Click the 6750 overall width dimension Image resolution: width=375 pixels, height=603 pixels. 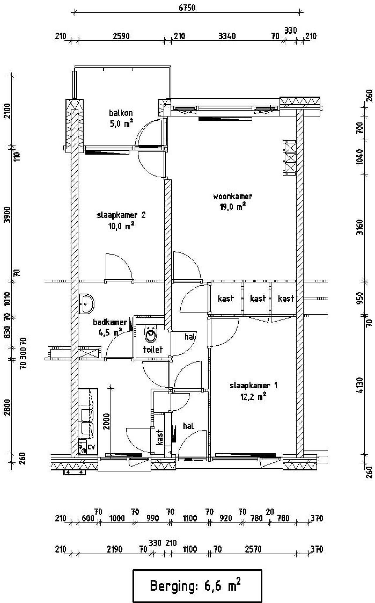point(187,7)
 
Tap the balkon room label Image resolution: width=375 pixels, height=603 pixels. point(121,113)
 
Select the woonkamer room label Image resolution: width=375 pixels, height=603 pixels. point(233,196)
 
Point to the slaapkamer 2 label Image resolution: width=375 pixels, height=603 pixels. point(121,215)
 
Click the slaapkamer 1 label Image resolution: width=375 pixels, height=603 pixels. point(253,385)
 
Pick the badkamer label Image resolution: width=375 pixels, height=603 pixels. point(110,322)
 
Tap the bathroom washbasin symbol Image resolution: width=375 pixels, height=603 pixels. point(86,304)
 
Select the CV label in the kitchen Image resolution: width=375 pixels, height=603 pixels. point(91,447)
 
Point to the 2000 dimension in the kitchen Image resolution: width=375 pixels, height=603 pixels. point(106,421)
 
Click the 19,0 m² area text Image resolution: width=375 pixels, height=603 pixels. point(233,207)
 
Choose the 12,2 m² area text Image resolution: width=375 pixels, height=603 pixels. point(253,397)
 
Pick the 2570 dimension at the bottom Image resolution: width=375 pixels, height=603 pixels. point(253,549)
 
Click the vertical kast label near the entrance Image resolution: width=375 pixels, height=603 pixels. point(160,437)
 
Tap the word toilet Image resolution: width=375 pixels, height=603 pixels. point(153,349)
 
